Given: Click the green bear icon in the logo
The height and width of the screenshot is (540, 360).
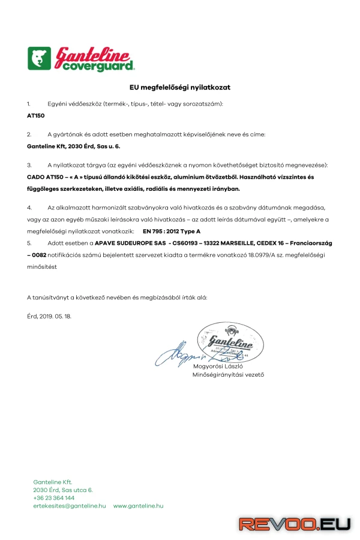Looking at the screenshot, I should click(40, 59).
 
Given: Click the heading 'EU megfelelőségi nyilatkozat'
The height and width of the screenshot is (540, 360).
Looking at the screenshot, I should click(180, 88).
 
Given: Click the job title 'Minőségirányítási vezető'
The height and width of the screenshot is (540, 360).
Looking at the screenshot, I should click(228, 375).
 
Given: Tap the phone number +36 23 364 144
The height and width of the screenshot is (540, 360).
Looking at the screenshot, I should click(54, 498).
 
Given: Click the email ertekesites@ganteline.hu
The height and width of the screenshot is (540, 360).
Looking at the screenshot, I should click(70, 506).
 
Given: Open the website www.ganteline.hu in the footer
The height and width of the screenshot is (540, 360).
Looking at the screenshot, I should click(138, 506).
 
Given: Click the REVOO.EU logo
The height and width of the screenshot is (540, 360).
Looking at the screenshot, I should click(295, 524).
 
